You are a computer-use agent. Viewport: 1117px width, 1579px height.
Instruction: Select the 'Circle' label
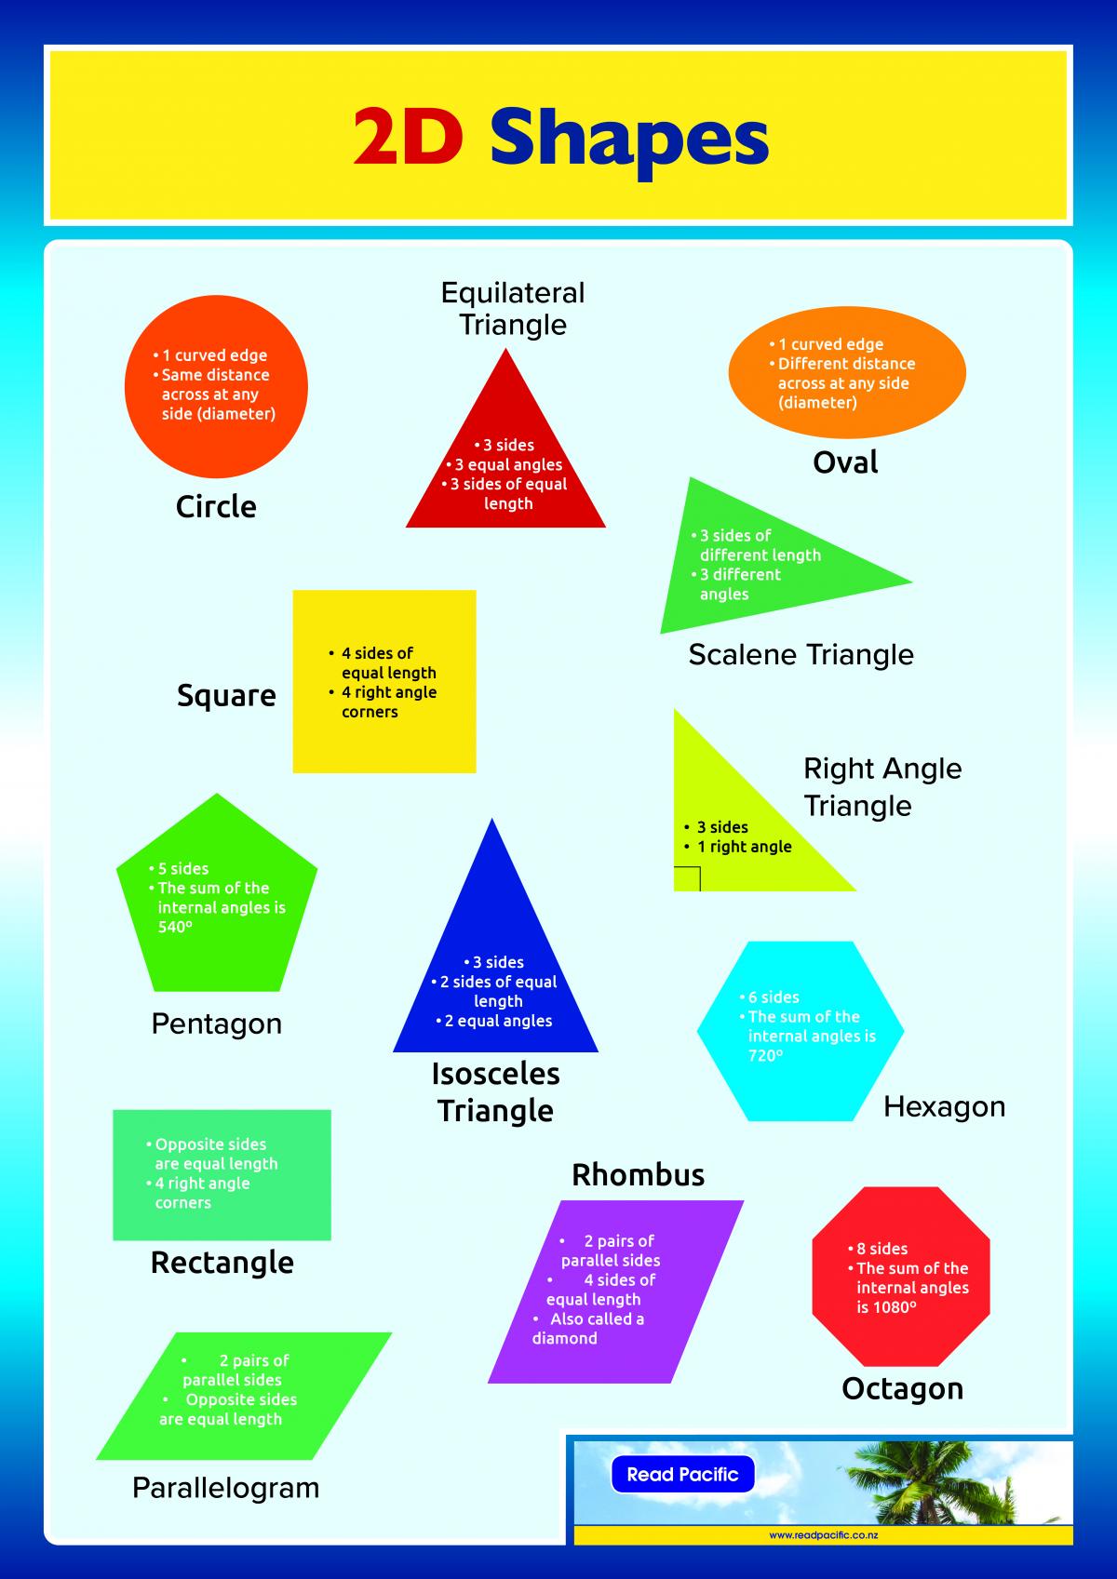pyautogui.click(x=216, y=507)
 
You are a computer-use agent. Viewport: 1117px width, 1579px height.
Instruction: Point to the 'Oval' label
pyautogui.click(x=845, y=462)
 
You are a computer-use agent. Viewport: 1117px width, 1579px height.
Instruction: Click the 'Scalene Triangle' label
pyautogui.click(x=801, y=654)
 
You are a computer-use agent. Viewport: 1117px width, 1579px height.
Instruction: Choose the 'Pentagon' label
pyautogui.click(x=216, y=1024)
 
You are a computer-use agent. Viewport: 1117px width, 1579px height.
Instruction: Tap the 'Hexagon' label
pyautogui.click(x=944, y=1106)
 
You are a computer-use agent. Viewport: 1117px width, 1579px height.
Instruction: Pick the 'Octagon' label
pyautogui.click(x=902, y=1388)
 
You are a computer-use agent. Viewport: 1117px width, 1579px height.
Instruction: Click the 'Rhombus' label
pyautogui.click(x=638, y=1175)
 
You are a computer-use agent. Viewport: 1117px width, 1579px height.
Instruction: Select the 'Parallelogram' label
pyautogui.click(x=225, y=1488)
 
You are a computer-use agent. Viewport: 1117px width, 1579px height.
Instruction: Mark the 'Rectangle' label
pyautogui.click(x=222, y=1263)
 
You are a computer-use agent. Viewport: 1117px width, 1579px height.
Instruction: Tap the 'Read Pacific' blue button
pyautogui.click(x=682, y=1475)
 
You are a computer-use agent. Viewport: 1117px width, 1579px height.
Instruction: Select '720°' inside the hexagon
pyautogui.click(x=765, y=1055)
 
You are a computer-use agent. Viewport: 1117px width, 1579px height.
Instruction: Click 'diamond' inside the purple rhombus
pyautogui.click(x=564, y=1338)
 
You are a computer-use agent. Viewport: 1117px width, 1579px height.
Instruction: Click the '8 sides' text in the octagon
pyautogui.click(x=881, y=1249)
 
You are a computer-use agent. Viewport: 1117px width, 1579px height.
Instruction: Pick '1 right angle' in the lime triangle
pyautogui.click(x=744, y=847)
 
